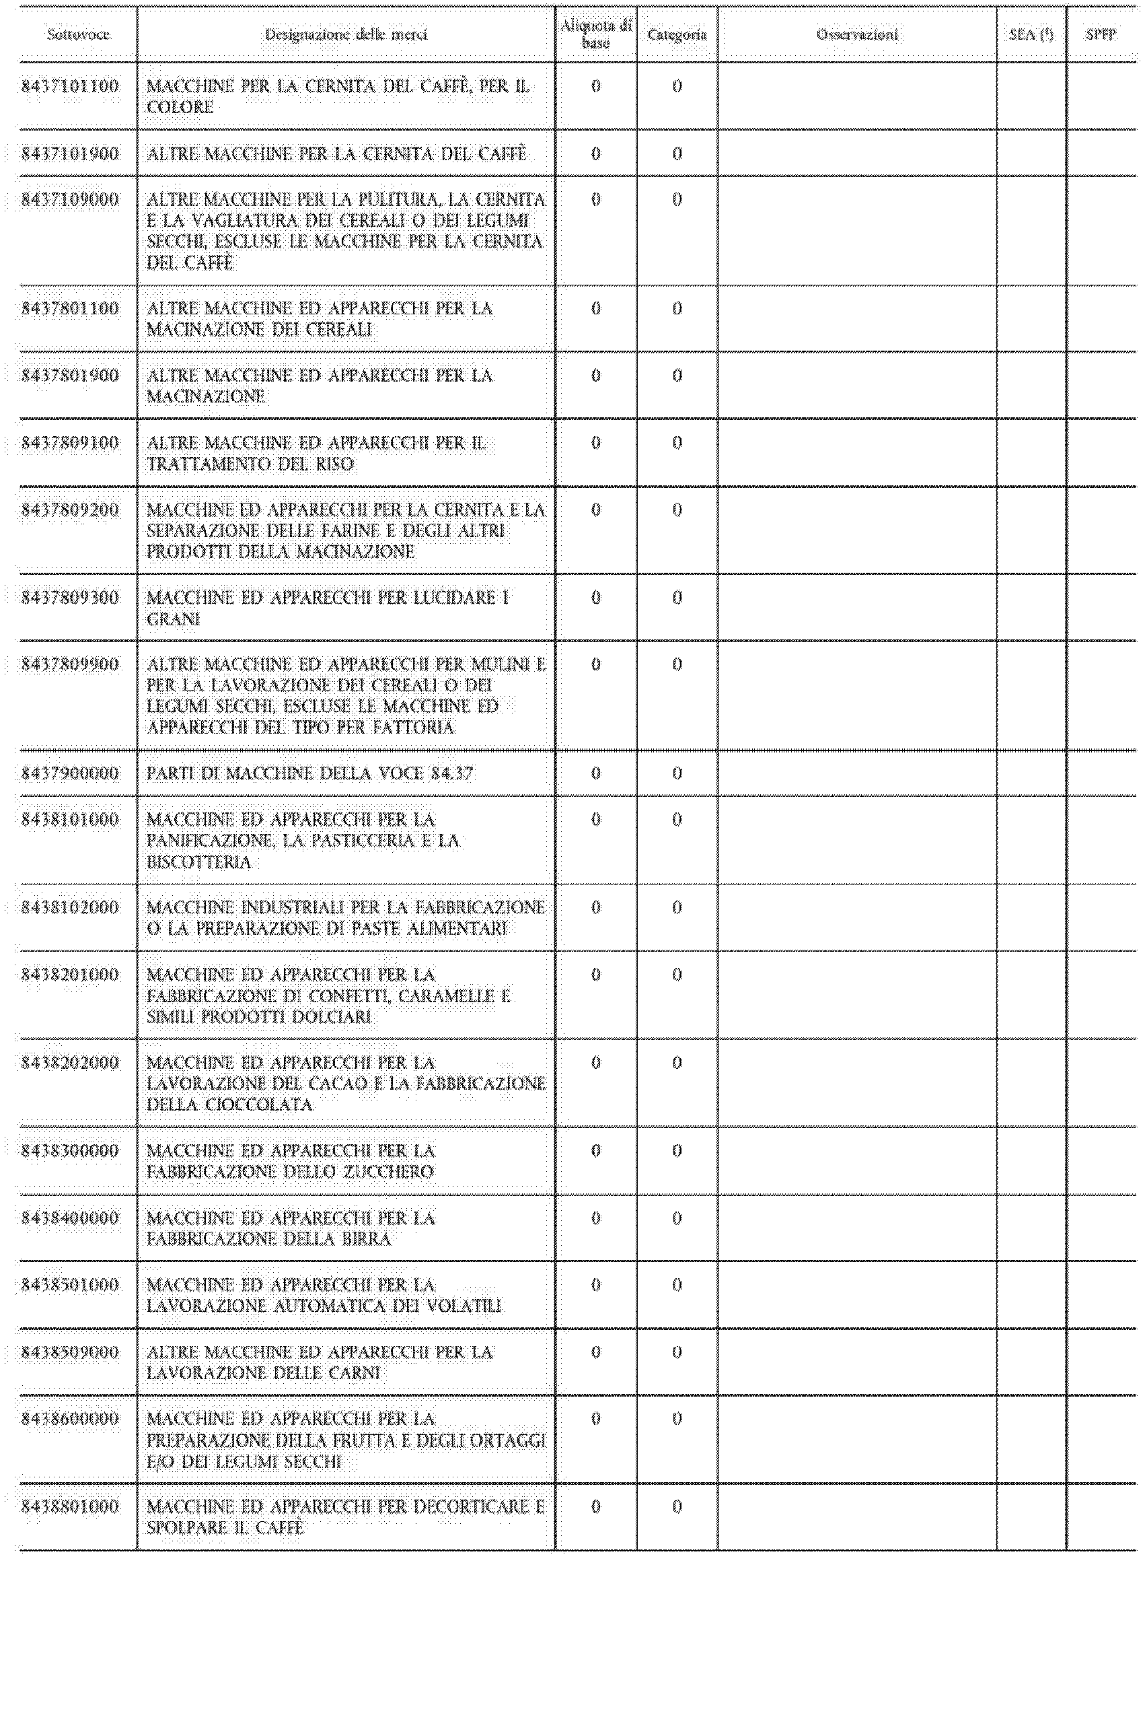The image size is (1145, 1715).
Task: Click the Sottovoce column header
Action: (78, 34)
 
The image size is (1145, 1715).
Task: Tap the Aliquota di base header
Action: (596, 34)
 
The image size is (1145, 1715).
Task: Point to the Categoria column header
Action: (677, 34)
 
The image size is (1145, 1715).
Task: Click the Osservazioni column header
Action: (857, 34)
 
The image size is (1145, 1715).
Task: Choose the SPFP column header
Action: (1101, 34)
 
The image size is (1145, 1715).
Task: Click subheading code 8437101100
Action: (70, 86)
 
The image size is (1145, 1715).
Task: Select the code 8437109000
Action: (70, 200)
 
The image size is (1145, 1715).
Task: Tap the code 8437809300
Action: (70, 598)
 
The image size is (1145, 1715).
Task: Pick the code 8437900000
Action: (70, 773)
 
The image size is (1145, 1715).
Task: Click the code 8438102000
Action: (70, 908)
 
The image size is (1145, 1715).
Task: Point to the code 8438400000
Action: (70, 1218)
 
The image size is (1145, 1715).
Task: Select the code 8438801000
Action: (70, 1507)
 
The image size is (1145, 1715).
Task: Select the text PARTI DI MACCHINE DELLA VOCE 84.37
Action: (309, 773)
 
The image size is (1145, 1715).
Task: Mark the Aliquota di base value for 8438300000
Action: (596, 1151)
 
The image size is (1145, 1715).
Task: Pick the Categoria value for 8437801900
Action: (677, 376)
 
